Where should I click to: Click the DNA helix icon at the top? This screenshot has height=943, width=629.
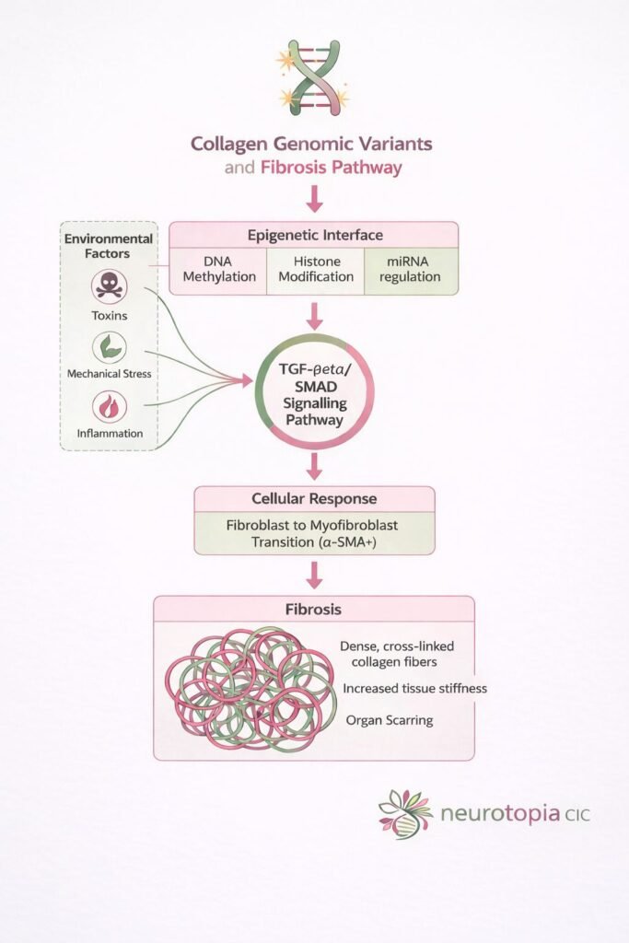coord(313,77)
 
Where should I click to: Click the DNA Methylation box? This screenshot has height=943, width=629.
coord(218,269)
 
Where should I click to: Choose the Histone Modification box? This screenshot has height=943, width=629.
coord(315,269)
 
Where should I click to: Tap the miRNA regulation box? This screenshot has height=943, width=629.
coord(411,269)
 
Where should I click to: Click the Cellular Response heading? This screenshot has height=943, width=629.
coord(313,499)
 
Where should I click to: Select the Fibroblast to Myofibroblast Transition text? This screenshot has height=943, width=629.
coord(313,533)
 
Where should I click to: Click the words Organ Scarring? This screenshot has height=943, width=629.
coord(390,720)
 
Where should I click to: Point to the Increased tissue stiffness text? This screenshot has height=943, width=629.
coord(414,688)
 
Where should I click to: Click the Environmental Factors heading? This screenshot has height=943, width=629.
coord(108,245)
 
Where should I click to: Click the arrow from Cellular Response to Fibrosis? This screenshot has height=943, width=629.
coord(314,575)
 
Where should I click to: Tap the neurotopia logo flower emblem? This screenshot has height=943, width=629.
coord(404,811)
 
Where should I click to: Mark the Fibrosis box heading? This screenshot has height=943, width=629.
coord(313,610)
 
